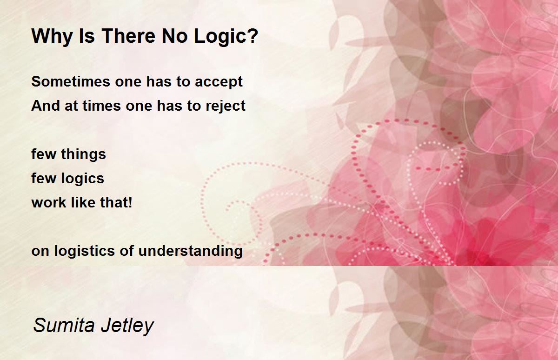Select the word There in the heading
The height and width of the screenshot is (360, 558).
pyautogui.click(x=128, y=36)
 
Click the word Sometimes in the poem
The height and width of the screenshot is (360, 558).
pyautogui.click(x=71, y=81)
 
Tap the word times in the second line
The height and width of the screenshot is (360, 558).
pyautogui.click(x=102, y=106)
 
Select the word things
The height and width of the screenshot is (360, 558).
pyautogui.click(x=84, y=154)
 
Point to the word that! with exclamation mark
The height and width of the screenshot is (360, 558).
pyautogui.click(x=116, y=202)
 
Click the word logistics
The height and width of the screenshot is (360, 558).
pyautogui.click(x=85, y=251)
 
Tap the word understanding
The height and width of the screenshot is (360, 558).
pyautogui.click(x=191, y=251)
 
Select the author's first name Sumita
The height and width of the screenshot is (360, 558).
pyautogui.click(x=64, y=325)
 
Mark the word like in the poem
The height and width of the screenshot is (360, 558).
pyautogui.click(x=83, y=202)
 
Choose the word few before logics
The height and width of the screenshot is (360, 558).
pyautogui.click(x=44, y=179)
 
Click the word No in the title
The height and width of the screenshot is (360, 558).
pyautogui.click(x=175, y=36)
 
